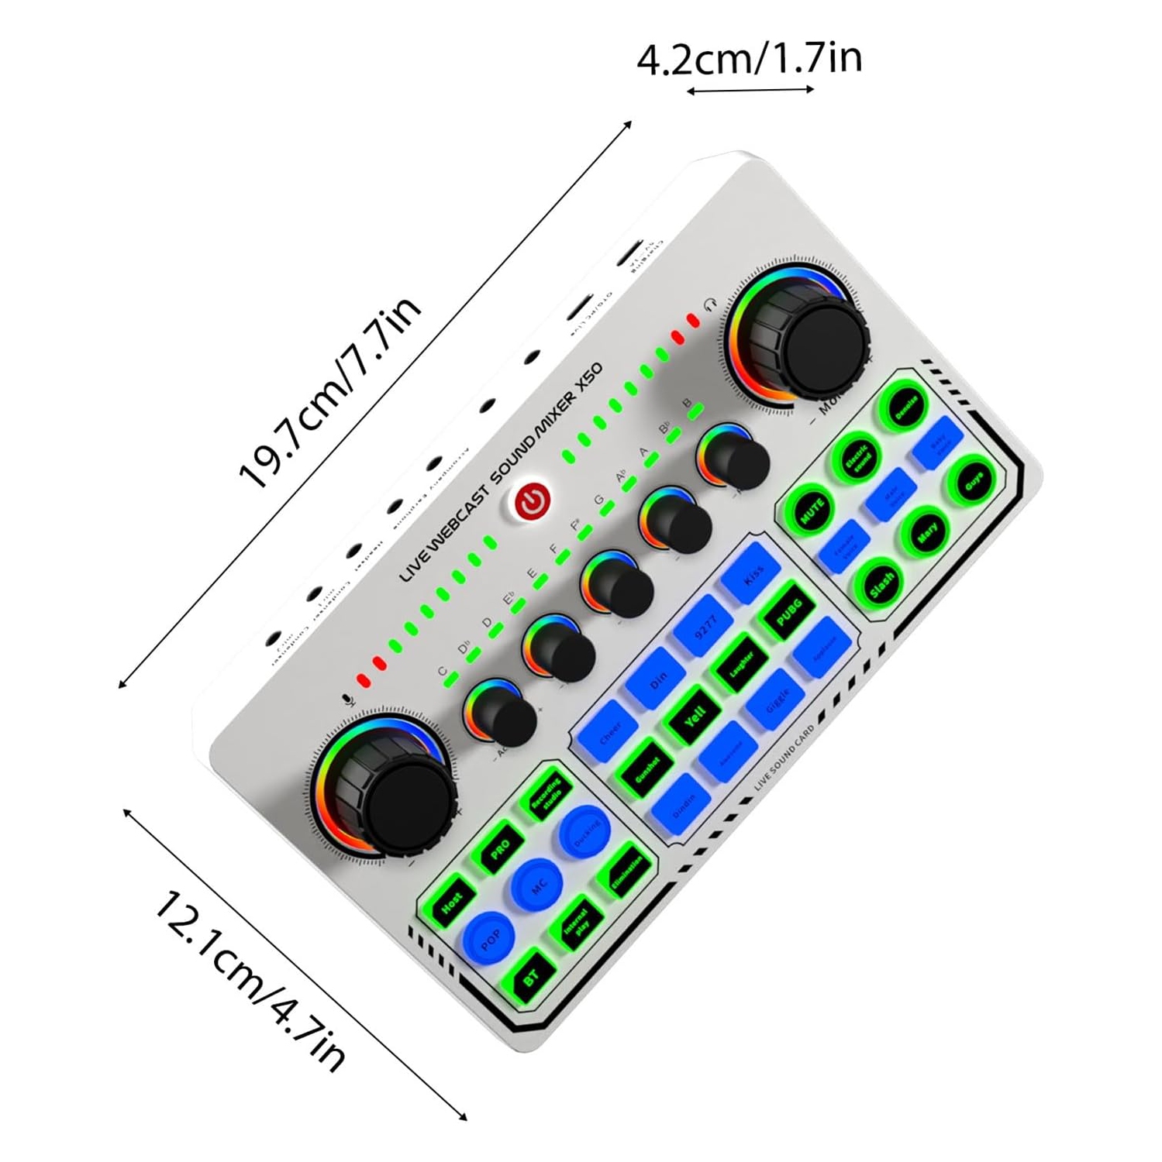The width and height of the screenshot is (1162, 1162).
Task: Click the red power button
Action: [533, 501]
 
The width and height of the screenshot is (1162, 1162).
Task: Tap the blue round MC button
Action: [537, 885]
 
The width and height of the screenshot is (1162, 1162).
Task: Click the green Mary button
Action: [926, 533]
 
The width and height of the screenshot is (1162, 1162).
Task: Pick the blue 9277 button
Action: [704, 625]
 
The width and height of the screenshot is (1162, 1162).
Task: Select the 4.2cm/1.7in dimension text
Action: [749, 59]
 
